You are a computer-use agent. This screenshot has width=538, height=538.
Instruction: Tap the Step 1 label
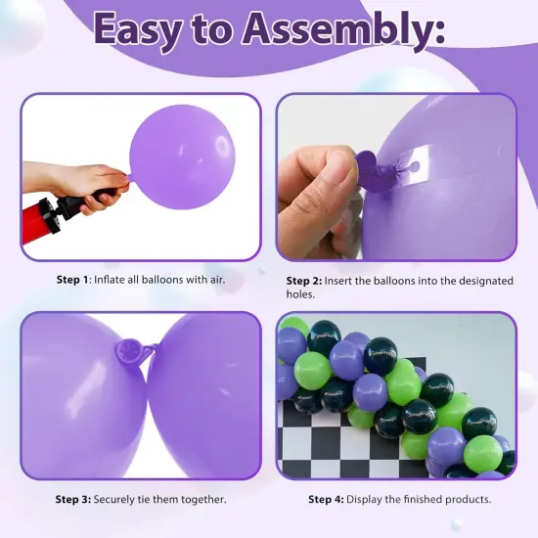[71, 280]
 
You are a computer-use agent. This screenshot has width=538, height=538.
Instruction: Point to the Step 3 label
[71, 499]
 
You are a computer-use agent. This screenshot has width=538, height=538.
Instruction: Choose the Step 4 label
[326, 499]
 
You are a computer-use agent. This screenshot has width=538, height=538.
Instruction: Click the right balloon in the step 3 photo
[210, 391]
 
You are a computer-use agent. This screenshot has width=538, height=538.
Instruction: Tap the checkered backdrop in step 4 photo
[313, 440]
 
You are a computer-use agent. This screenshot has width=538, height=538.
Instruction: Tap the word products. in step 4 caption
[465, 499]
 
